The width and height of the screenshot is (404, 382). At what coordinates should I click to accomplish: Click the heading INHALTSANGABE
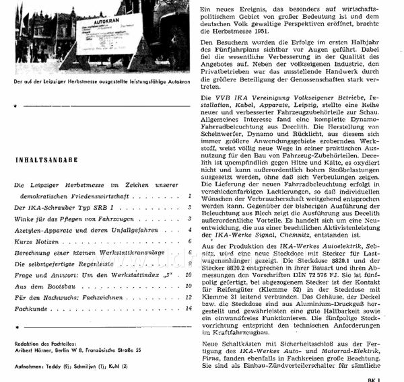(46, 159)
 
